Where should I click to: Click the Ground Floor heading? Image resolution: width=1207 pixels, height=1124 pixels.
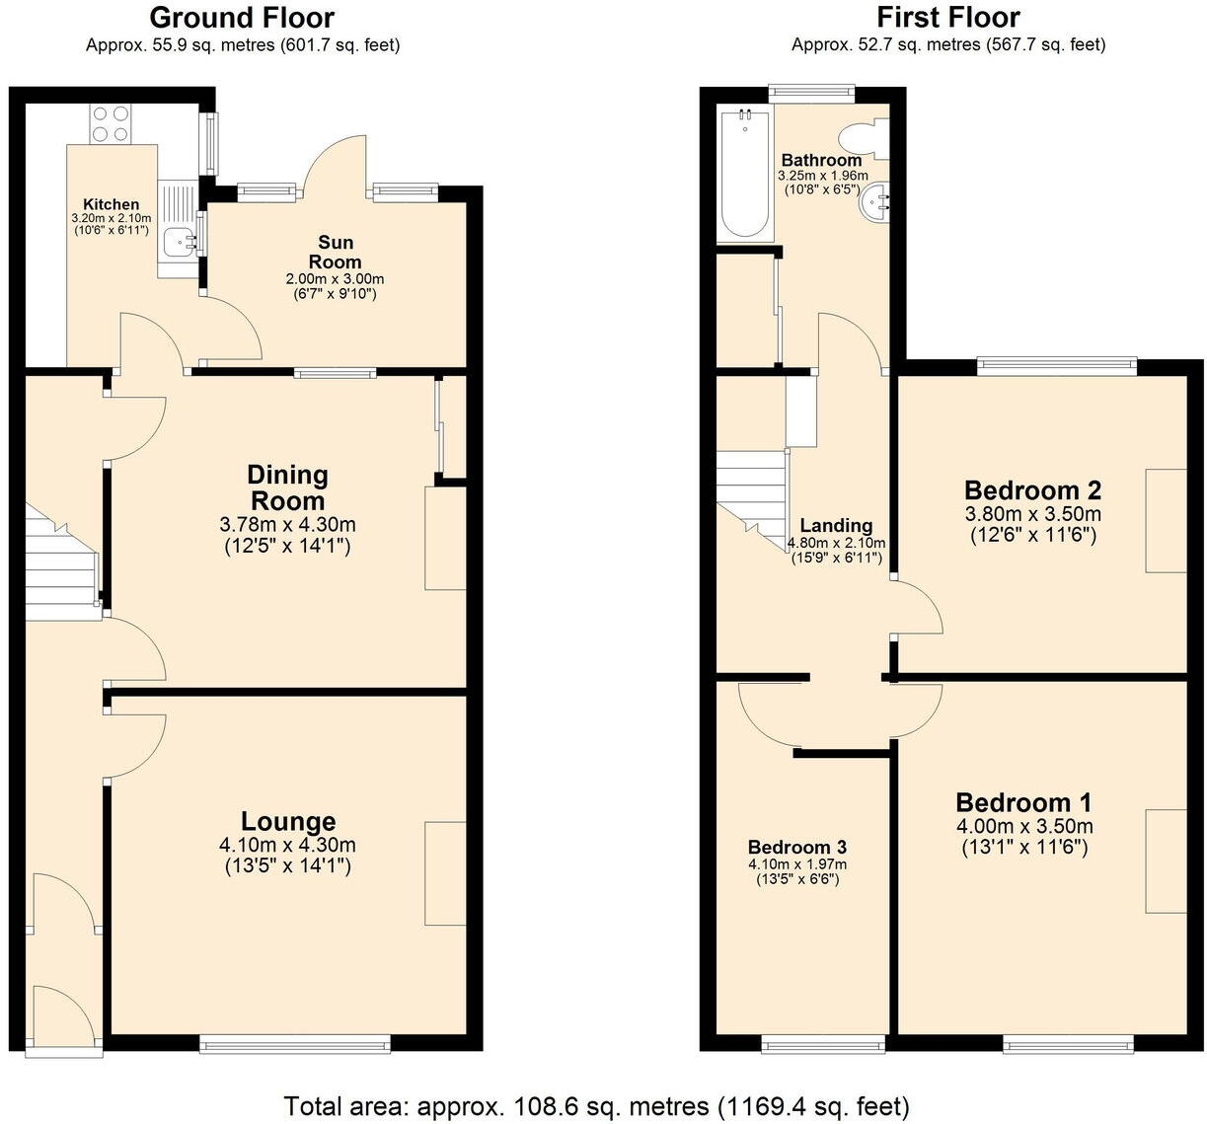coord(242,18)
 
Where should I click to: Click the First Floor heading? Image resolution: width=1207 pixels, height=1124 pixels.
coord(947,18)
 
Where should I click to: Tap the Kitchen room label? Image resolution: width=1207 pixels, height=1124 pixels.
coord(111,204)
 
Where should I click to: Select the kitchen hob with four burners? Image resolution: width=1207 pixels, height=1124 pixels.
coord(111,124)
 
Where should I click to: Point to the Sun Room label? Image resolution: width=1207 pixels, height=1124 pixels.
coord(336,252)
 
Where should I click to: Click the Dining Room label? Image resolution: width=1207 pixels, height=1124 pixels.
coord(287,487)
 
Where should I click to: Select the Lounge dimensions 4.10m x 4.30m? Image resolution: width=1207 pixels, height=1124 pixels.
coord(288,845)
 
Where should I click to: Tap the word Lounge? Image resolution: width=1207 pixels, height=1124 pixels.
coord(288,821)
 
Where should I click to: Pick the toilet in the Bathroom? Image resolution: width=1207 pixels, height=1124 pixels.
coord(863,139)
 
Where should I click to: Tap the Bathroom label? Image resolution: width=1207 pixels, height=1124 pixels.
coord(821,160)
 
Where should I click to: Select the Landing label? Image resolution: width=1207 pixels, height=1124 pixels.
coord(836,525)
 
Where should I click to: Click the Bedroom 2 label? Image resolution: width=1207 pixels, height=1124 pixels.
coord(1032,489)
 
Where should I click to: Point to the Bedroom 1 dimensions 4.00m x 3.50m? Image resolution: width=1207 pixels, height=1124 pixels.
coord(1024,826)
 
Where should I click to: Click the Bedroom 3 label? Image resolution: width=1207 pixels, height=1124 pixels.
coord(796,847)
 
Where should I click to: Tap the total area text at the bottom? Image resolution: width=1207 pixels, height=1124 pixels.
coord(596,1105)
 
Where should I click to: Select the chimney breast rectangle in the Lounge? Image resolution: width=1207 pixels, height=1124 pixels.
coord(445,873)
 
